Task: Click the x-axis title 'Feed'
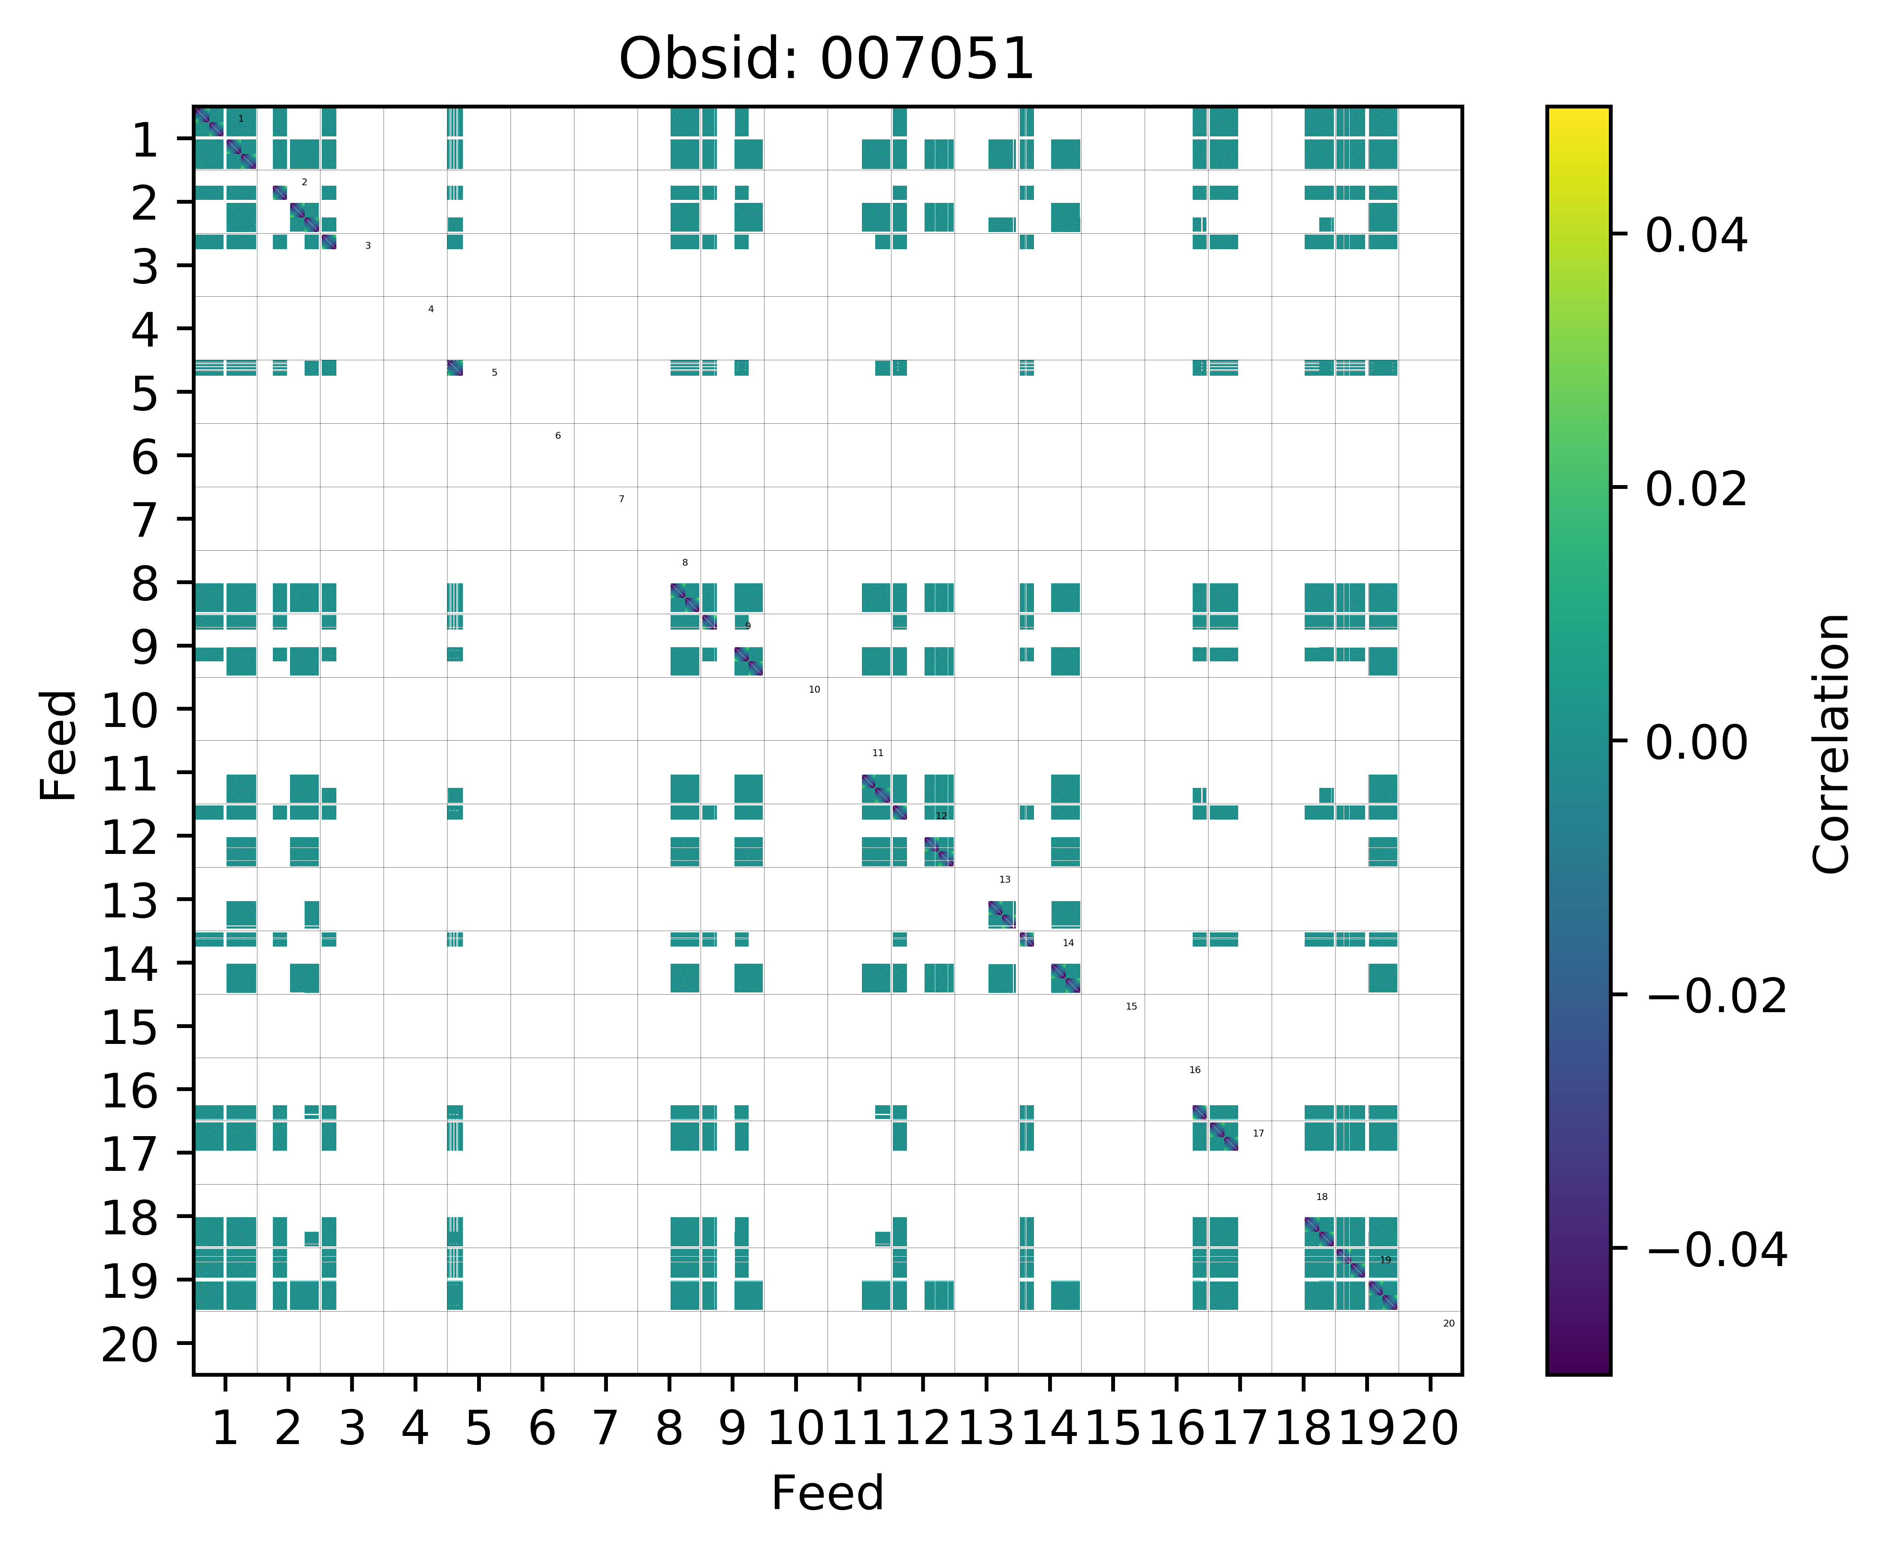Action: pyautogui.click(x=827, y=1493)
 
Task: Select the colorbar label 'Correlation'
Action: pyautogui.click(x=1831, y=742)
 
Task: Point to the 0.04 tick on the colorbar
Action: pyautogui.click(x=1696, y=236)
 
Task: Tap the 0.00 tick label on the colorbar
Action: pyautogui.click(x=1696, y=742)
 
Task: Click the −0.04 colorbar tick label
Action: pyautogui.click(x=1716, y=1250)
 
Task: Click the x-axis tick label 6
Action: pyautogui.click(x=542, y=1428)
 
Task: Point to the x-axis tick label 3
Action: pyautogui.click(x=352, y=1428)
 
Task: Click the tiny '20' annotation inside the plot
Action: pyautogui.click(x=1449, y=1323)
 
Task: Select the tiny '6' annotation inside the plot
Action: pyautogui.click(x=557, y=436)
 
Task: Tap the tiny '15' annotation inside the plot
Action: pyautogui.click(x=1131, y=1007)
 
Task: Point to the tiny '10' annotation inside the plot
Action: pyautogui.click(x=814, y=690)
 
